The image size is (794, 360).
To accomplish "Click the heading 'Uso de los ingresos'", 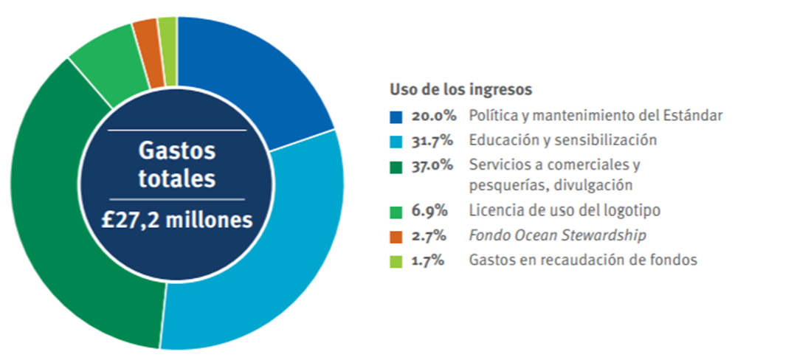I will [x=461, y=90].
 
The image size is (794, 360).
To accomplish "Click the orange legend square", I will [x=396, y=236].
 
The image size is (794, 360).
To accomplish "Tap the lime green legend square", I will [x=396, y=260].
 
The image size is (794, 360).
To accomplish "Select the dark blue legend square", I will [x=396, y=117].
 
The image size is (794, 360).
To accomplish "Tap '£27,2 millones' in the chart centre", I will [x=177, y=219].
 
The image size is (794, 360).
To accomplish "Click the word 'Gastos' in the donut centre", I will [x=177, y=151].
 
